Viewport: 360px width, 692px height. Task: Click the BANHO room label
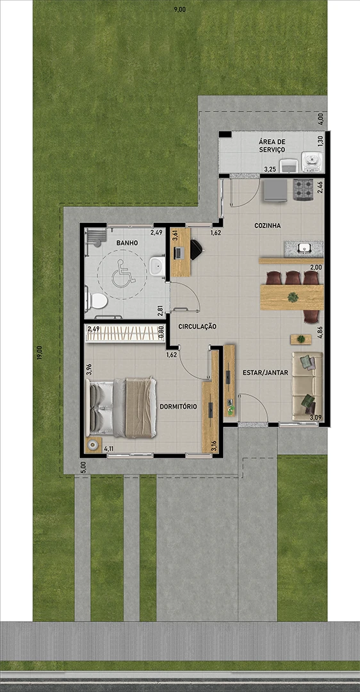[x=127, y=243]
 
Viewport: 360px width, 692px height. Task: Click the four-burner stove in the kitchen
[x=303, y=189]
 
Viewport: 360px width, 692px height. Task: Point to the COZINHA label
[x=267, y=226]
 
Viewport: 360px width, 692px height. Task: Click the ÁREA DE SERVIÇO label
[x=272, y=145]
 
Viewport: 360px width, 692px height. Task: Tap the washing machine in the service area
[x=313, y=161]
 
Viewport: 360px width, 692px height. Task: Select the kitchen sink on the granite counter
[x=304, y=249]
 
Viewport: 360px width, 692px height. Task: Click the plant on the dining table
[x=293, y=297]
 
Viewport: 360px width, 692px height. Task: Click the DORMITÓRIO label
[x=178, y=406]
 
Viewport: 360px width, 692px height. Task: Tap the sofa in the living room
[x=307, y=386]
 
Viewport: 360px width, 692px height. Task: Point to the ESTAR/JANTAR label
[x=266, y=372]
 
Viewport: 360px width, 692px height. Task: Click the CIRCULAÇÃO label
[x=197, y=327]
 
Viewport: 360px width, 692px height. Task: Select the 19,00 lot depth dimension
[x=39, y=354]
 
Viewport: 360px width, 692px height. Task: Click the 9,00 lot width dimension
[x=179, y=10]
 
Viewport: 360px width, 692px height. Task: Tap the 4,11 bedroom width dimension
[x=108, y=449]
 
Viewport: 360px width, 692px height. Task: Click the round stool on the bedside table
[x=93, y=445]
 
